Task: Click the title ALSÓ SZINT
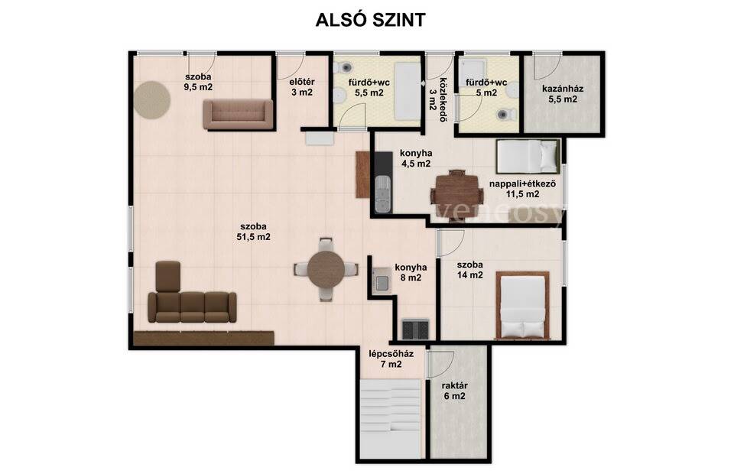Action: [x=370, y=20]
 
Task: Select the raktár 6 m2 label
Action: [x=454, y=391]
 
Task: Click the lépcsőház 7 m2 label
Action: [x=391, y=359]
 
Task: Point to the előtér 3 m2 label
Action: [x=302, y=87]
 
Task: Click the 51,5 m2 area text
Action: [x=253, y=237]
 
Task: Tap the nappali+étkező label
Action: [x=522, y=183]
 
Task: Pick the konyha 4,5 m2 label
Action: [x=416, y=158]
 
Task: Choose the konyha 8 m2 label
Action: [x=411, y=272]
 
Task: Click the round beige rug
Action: [x=151, y=100]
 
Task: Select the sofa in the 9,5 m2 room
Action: [x=238, y=114]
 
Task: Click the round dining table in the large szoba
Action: [x=326, y=270]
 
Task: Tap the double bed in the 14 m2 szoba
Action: [x=522, y=304]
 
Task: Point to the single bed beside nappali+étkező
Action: [x=528, y=156]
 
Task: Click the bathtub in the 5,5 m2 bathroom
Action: [x=408, y=91]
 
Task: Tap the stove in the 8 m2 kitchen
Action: [x=416, y=329]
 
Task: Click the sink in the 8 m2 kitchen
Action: [x=382, y=281]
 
